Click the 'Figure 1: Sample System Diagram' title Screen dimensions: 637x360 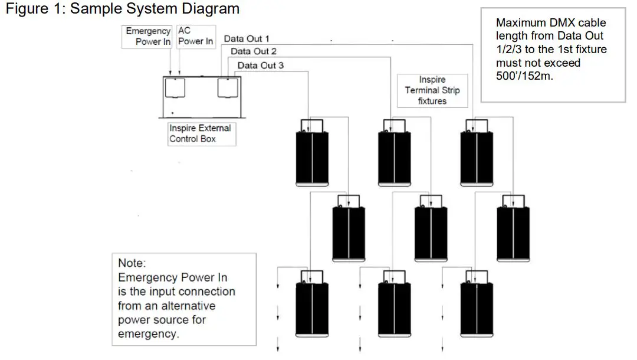(x=122, y=8)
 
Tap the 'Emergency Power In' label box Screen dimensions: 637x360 (x=147, y=37)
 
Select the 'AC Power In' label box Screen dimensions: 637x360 (x=196, y=37)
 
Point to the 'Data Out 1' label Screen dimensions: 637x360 (x=247, y=38)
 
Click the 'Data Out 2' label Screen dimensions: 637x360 (x=254, y=51)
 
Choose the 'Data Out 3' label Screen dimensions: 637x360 (x=261, y=66)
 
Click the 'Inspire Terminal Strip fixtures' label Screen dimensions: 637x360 (x=432, y=91)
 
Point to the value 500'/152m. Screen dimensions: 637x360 (x=524, y=76)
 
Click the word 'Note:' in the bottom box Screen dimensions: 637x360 (x=132, y=263)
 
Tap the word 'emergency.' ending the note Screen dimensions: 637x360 (x=148, y=333)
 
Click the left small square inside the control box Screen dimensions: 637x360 (x=175, y=87)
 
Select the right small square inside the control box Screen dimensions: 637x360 (x=228, y=87)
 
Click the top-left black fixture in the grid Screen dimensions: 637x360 (x=312, y=153)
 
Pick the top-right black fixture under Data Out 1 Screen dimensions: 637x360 (x=477, y=153)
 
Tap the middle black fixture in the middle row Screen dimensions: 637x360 (x=431, y=228)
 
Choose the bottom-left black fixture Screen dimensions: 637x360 (x=312, y=304)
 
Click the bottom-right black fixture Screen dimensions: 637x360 (x=477, y=304)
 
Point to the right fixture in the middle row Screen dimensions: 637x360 (x=514, y=228)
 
